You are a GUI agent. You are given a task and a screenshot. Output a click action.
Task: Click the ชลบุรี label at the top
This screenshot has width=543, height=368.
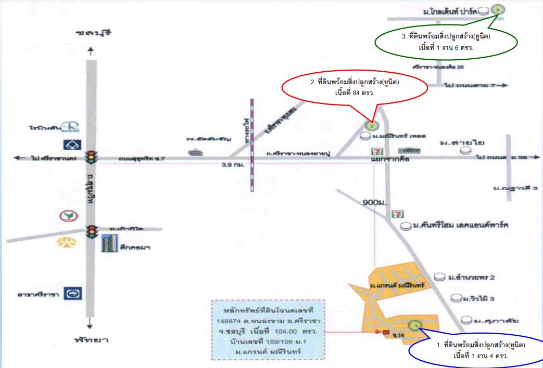click(x=94, y=33)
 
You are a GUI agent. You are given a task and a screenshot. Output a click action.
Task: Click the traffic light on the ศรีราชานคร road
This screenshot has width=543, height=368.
click(x=92, y=156)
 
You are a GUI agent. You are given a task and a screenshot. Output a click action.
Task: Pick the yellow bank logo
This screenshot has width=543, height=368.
click(x=66, y=242)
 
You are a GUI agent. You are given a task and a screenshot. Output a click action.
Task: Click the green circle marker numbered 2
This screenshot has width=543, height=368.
click(x=371, y=125)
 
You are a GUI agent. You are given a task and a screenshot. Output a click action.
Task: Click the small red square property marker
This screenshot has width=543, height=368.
click(x=385, y=332)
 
